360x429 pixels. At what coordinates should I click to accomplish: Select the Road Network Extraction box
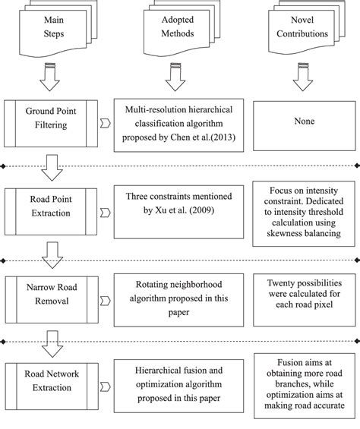(x=52, y=380)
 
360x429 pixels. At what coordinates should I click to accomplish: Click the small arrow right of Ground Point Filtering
(x=106, y=122)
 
